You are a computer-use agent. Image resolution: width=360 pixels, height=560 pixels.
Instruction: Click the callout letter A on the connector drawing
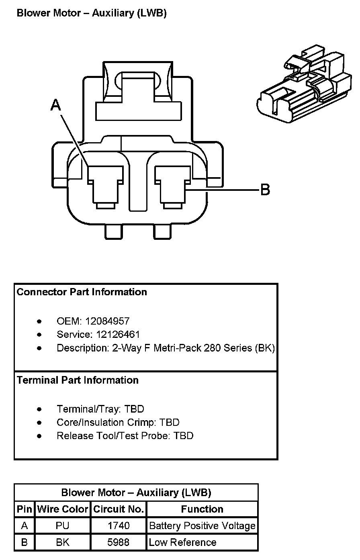point(56,105)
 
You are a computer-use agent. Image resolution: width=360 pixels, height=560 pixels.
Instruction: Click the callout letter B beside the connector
point(265,189)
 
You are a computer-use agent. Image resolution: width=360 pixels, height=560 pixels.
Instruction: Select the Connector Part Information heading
point(82,292)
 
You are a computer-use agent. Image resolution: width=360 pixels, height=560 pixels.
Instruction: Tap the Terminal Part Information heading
point(78,380)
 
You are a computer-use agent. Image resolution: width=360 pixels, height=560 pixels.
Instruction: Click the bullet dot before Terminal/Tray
point(39,409)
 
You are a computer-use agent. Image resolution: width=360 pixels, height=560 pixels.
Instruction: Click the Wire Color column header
point(63,509)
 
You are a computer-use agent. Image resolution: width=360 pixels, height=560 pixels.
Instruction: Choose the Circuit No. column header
point(119,509)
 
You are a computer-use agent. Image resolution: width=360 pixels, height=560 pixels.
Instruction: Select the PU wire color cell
point(63,526)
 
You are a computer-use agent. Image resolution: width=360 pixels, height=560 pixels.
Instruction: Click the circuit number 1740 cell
point(119,526)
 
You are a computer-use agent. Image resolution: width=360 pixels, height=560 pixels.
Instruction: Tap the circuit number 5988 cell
point(119,542)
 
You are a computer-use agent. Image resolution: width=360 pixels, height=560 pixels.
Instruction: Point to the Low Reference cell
point(182,542)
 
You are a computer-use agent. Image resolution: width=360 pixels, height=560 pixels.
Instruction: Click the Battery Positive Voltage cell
point(202,526)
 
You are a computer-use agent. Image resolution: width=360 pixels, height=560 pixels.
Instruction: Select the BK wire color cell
point(63,542)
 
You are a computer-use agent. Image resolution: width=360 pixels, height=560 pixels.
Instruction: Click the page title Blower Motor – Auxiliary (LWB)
point(92,13)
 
